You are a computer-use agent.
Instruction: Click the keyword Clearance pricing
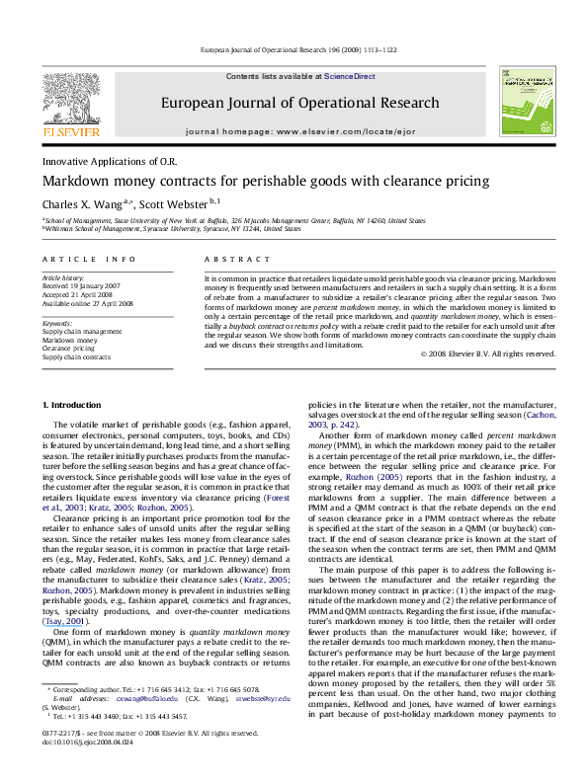(x=70, y=348)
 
